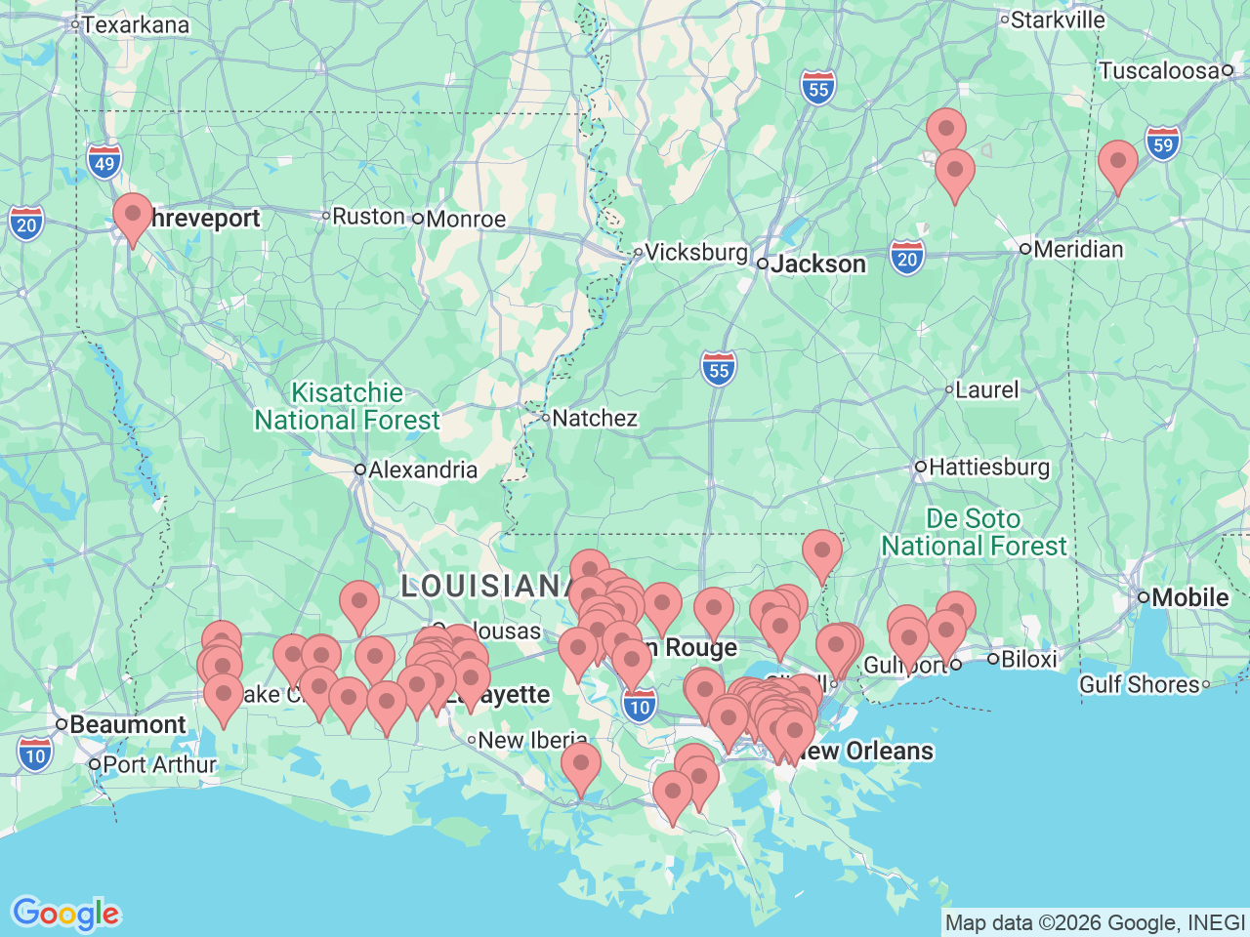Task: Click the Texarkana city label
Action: [135, 24]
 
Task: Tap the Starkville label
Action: [1057, 20]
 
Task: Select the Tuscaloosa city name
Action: [1158, 70]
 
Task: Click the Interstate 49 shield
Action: [104, 163]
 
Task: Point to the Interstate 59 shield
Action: [1162, 145]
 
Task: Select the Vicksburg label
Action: [695, 252]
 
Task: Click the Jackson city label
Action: [817, 264]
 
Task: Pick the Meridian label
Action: [1077, 249]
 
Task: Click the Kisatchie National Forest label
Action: [348, 406]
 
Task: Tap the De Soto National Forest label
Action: [974, 532]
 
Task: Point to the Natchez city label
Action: [594, 418]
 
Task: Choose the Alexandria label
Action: [422, 469]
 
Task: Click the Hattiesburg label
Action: [988, 467]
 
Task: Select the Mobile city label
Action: [1189, 596]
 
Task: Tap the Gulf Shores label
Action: [1139, 684]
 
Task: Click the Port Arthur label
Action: [158, 764]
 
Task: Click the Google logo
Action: [65, 914]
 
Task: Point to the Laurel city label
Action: [986, 389]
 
